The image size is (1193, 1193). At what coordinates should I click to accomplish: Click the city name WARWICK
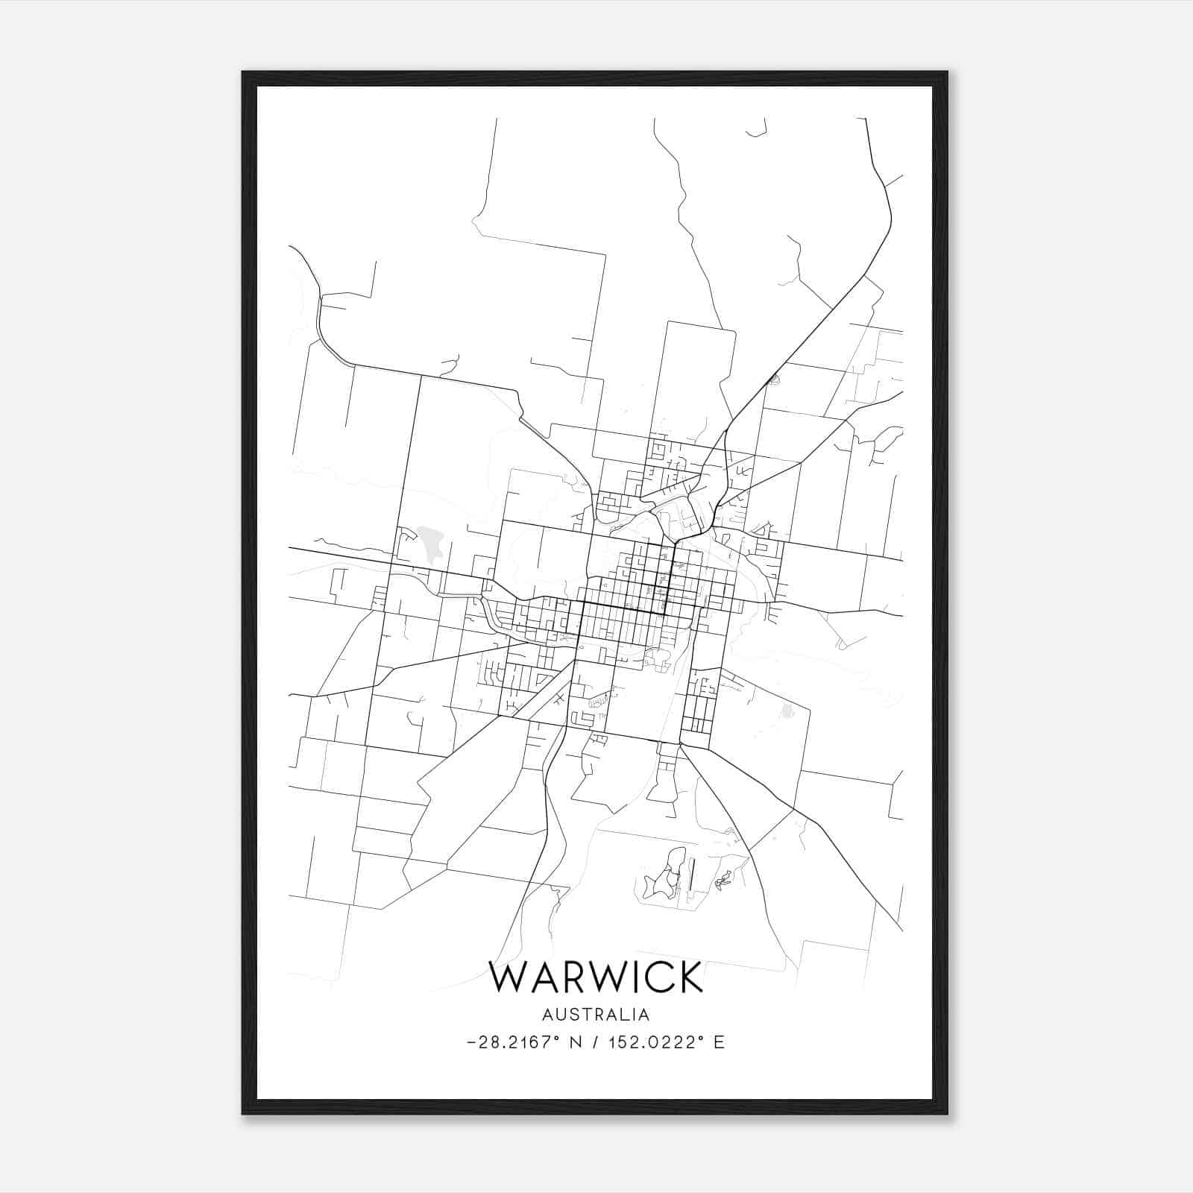596,977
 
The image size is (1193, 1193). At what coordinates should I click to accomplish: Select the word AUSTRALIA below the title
596,1015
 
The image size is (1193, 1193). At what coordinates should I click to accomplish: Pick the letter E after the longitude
719,1042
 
